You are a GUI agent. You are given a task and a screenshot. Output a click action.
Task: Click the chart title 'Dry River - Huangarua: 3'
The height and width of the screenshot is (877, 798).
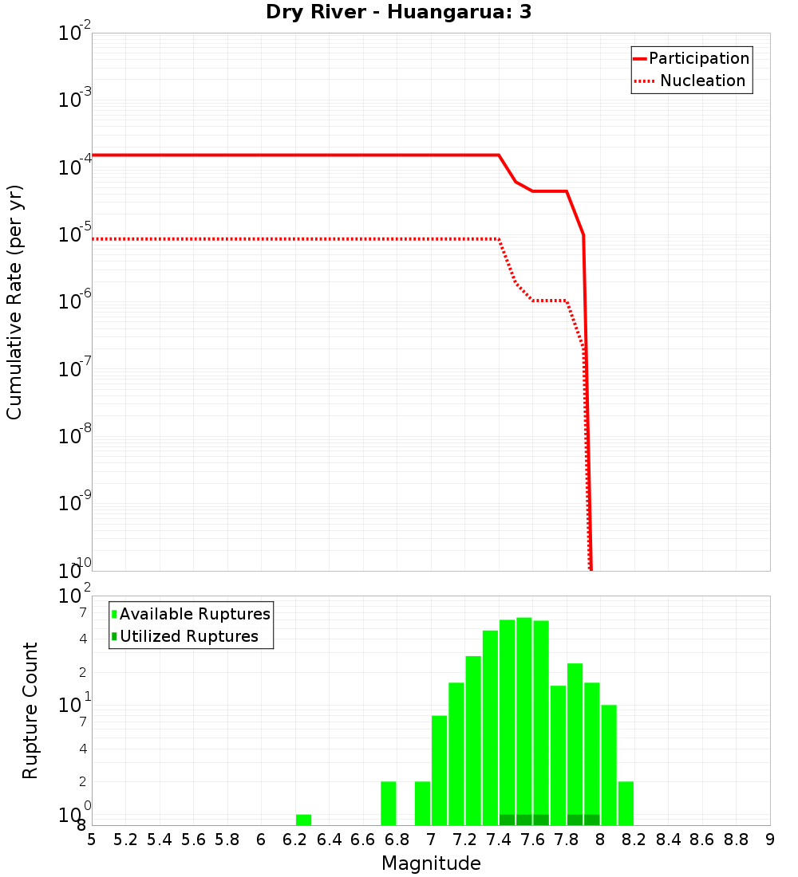398,13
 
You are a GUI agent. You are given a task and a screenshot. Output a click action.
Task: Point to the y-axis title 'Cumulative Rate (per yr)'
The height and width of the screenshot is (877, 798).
14,302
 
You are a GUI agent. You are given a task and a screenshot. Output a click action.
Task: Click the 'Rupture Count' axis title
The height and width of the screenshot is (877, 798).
30,710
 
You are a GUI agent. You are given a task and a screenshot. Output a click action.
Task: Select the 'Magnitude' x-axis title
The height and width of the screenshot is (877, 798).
431,863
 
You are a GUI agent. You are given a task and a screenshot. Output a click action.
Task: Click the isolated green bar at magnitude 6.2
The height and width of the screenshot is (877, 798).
303,820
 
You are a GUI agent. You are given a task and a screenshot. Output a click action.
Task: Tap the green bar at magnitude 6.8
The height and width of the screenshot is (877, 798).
389,803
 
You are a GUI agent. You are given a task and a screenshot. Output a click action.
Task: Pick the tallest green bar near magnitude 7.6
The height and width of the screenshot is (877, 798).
523,718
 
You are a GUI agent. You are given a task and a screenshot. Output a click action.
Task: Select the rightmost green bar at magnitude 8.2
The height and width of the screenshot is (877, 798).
626,803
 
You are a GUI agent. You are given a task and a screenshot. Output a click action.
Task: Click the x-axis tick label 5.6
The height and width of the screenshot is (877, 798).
193,840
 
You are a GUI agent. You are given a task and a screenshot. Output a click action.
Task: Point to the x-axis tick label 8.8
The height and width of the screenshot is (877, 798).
736,840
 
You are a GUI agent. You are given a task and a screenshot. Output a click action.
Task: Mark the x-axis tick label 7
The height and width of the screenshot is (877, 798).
431,840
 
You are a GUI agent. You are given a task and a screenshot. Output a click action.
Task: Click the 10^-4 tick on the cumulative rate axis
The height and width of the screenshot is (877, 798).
73,167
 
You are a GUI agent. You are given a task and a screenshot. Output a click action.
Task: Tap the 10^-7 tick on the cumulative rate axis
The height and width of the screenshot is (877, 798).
73,368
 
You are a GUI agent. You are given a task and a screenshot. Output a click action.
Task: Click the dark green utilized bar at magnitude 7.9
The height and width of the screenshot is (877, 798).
591,820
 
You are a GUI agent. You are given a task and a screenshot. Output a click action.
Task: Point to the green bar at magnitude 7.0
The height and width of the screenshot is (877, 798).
439,769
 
